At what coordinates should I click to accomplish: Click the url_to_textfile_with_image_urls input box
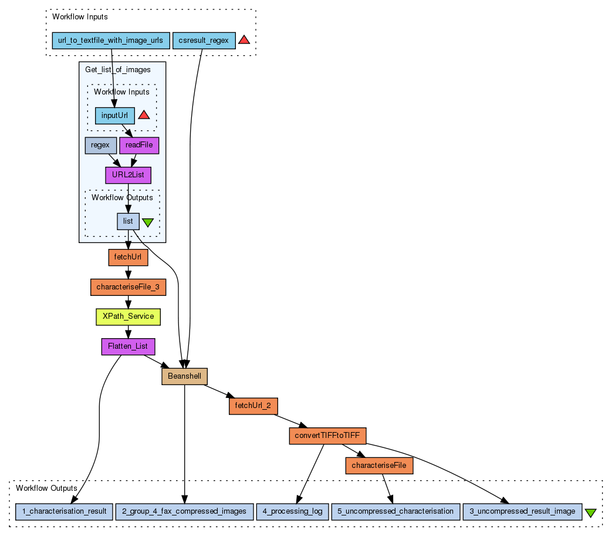(x=111, y=41)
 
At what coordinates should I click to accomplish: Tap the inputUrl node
(x=115, y=115)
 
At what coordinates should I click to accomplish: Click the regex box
(x=100, y=145)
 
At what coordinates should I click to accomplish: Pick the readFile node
(x=139, y=145)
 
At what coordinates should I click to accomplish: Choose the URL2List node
(x=128, y=175)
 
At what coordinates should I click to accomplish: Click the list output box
(x=128, y=221)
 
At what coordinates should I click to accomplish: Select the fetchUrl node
(x=128, y=257)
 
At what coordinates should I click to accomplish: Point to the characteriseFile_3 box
(x=128, y=287)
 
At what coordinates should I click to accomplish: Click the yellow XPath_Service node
(x=128, y=316)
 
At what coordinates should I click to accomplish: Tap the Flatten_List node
(x=128, y=346)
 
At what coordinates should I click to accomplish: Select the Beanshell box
(x=185, y=376)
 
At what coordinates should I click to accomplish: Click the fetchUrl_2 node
(x=253, y=406)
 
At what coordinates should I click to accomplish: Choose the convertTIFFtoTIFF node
(x=327, y=436)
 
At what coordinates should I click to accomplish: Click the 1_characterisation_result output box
(x=63, y=511)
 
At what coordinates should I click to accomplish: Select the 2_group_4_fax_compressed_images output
(x=185, y=511)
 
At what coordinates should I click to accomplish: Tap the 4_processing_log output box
(x=292, y=511)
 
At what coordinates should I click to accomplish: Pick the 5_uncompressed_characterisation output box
(x=395, y=511)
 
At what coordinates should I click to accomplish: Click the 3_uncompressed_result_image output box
(x=522, y=511)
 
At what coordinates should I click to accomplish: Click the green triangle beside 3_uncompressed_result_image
(x=591, y=513)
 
